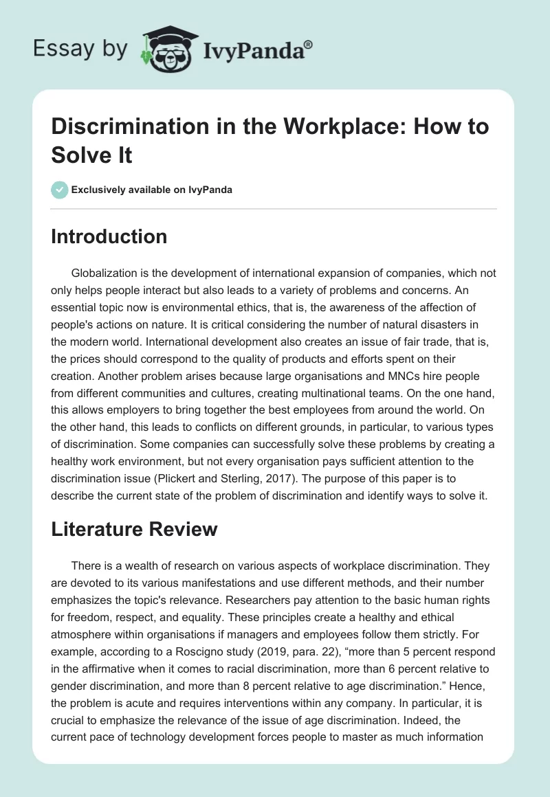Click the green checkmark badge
[60, 190]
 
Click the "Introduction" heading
[109, 236]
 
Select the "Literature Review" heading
[135, 528]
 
